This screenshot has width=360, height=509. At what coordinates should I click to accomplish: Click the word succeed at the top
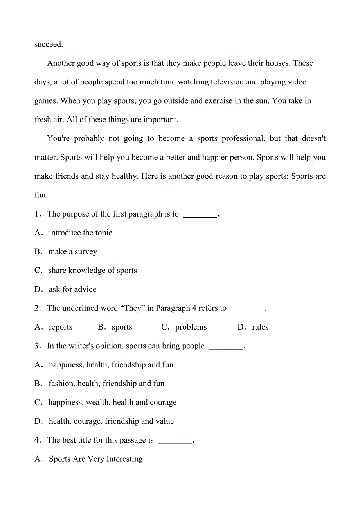click(49, 44)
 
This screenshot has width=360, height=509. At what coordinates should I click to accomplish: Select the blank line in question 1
click(200, 214)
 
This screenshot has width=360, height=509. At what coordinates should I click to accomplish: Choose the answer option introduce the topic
click(80, 233)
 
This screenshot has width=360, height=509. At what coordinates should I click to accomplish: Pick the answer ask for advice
click(72, 289)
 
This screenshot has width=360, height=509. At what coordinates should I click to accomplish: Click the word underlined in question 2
click(79, 308)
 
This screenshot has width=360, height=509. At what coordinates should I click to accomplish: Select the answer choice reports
click(60, 327)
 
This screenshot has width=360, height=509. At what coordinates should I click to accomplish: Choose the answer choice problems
click(191, 327)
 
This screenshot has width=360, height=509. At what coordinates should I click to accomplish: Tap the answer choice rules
click(260, 327)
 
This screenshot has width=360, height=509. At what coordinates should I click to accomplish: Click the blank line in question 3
click(226, 346)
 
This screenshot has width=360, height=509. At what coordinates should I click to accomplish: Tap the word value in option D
click(164, 421)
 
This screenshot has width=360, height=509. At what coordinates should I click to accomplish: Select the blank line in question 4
click(175, 441)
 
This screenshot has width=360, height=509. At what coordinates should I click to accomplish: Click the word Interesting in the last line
click(124, 459)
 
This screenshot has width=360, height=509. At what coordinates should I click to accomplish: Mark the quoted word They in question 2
click(133, 308)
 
